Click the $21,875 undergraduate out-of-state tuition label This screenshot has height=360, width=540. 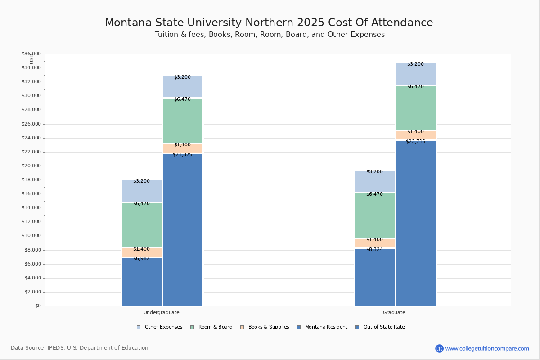[x=182, y=155]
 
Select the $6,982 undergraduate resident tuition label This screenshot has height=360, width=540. [x=141, y=259]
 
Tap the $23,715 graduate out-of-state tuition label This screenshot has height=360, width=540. [x=415, y=142]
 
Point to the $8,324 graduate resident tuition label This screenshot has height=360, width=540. [x=374, y=250]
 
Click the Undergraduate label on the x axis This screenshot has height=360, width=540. [x=162, y=312]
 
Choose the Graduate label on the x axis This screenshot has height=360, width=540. [x=394, y=312]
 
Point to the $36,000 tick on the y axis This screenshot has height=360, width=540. [x=31, y=54]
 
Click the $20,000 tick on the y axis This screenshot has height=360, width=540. [x=31, y=166]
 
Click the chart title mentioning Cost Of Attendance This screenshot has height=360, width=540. [x=269, y=23]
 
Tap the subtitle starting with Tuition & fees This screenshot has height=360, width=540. [x=270, y=35]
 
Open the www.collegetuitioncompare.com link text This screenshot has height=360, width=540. [x=487, y=348]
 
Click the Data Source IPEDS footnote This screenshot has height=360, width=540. [x=80, y=348]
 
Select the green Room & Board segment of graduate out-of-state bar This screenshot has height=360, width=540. [x=416, y=108]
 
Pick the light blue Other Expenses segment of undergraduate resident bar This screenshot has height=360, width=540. [x=141, y=191]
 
